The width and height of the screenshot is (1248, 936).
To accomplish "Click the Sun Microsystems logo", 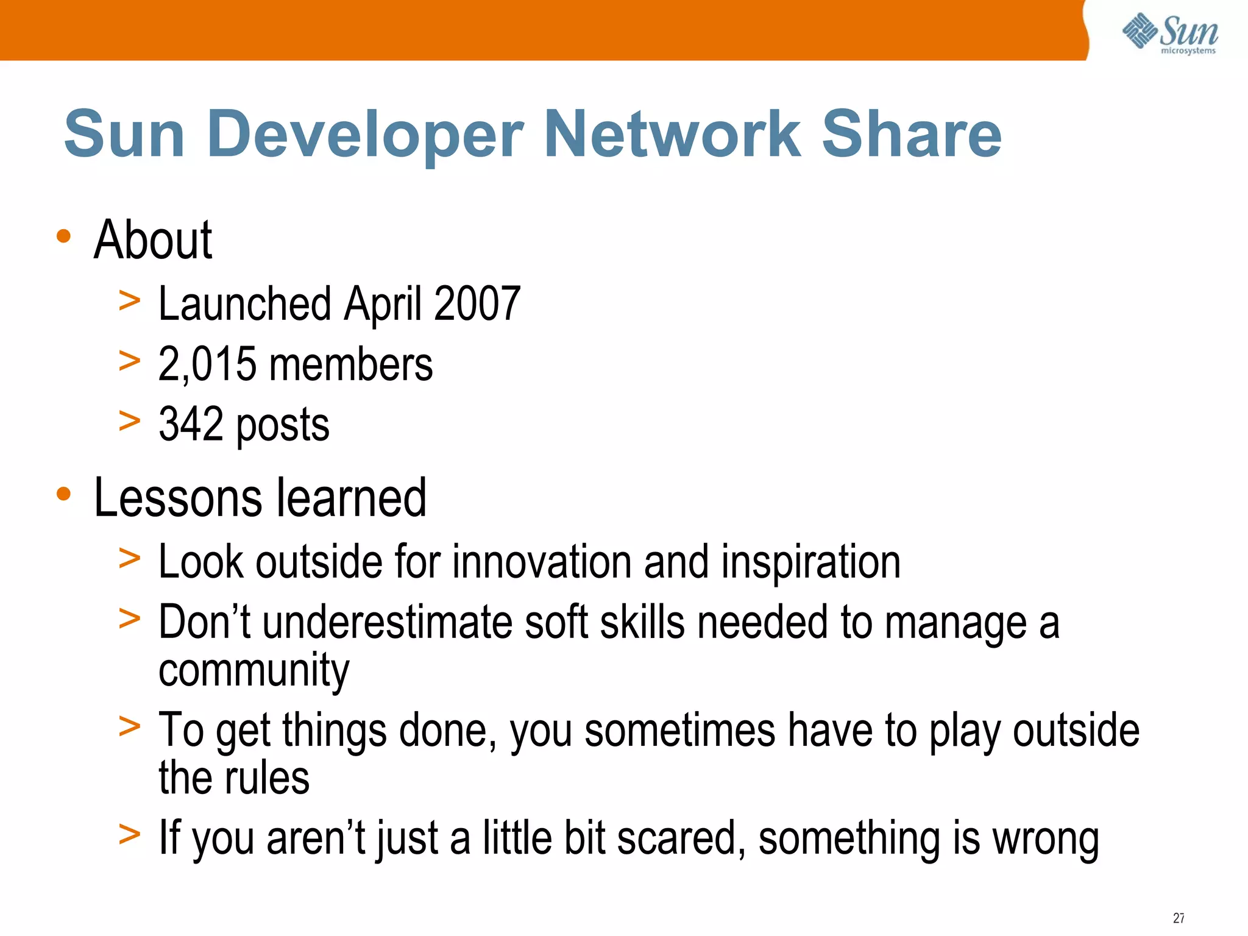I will pos(1170,34).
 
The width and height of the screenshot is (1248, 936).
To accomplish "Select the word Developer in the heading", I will pos(366,135).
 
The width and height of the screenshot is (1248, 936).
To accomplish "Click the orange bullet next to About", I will pos(63,236).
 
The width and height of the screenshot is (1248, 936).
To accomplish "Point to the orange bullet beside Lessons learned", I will pos(63,494).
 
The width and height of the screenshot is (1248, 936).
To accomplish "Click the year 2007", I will pos(477,303).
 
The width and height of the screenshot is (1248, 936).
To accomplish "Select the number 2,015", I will pos(207,364).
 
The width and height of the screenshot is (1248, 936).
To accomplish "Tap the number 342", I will pos(191,424).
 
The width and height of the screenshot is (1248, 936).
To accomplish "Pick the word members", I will pos(351,364).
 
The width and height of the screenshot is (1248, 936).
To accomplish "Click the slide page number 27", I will pos(1179,918).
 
